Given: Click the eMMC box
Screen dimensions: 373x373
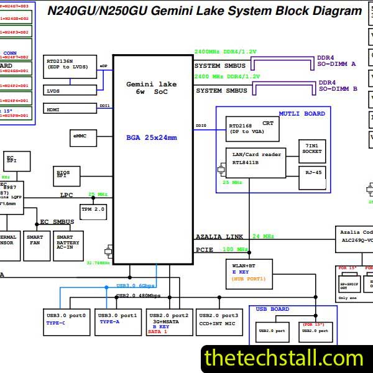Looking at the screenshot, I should [80, 136].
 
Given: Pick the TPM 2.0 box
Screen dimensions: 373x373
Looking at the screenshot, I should [93, 209].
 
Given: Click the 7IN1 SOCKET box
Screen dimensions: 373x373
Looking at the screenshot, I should [311, 148].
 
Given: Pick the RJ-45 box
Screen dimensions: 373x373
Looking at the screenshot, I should [311, 173].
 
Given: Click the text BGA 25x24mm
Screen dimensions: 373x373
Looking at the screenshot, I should [152, 137].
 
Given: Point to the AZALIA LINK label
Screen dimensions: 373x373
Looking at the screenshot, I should [219, 237].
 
